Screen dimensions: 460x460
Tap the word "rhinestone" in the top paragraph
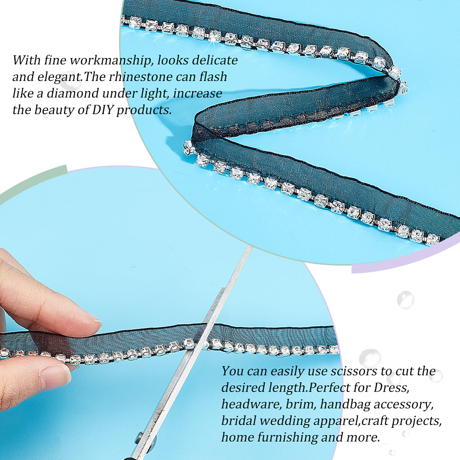pyautogui.click(x=140, y=77)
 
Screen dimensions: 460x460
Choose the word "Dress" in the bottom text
pyautogui.click(x=391, y=387)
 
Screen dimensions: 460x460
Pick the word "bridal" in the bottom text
pyautogui.click(x=239, y=420)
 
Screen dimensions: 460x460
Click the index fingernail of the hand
pyautogui.click(x=96, y=321)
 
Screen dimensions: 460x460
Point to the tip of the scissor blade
pyautogui.click(x=251, y=247)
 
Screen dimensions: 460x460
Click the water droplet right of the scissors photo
pyautogui.click(x=405, y=299)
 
